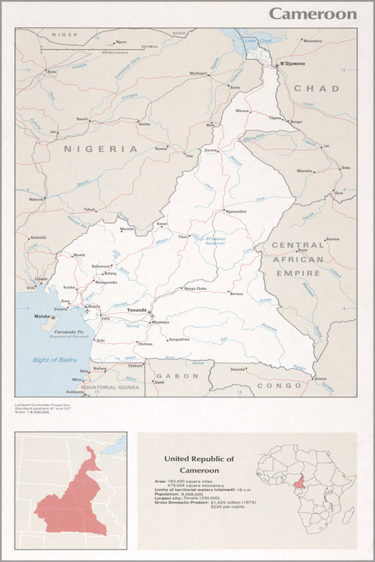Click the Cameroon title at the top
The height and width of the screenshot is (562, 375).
point(313,14)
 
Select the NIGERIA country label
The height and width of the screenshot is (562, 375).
point(100,149)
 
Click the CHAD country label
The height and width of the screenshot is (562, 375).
point(316,89)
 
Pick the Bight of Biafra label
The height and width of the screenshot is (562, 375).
point(55,360)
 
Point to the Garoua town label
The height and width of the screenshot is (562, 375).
point(211,150)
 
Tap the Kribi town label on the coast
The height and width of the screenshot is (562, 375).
point(101,340)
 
